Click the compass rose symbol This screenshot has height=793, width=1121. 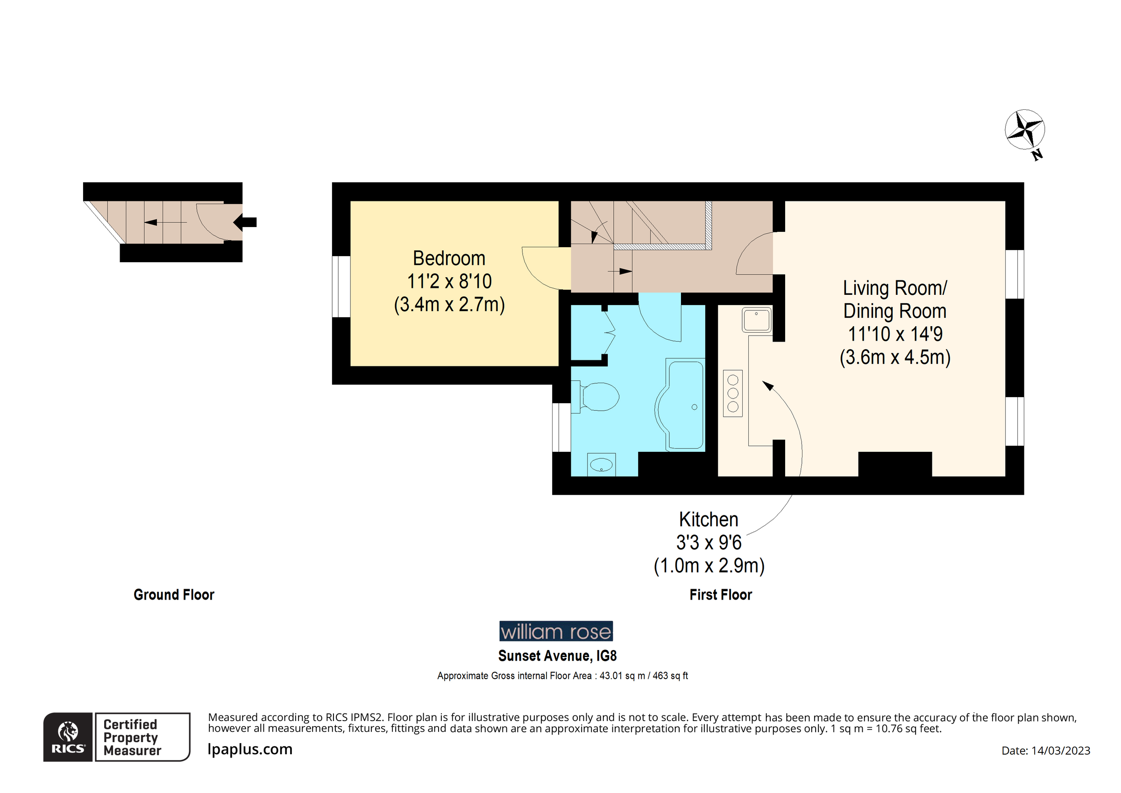[1024, 129]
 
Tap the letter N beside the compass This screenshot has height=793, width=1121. [1037, 155]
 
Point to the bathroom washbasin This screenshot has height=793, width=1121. [601, 464]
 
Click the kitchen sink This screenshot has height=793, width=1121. [756, 320]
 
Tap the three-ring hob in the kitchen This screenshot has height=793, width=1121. [732, 393]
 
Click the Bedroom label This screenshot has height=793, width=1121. [449, 258]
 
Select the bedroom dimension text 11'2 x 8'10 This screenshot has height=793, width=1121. [449, 281]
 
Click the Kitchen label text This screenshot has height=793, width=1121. [709, 519]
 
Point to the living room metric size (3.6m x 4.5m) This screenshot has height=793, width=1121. [894, 357]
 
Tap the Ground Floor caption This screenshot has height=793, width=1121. [174, 594]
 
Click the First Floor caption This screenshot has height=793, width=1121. [721, 594]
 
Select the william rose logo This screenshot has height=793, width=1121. [556, 631]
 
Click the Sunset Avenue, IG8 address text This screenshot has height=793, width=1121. [557, 656]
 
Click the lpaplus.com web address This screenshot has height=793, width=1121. [250, 749]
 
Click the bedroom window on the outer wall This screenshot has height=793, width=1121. [341, 287]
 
